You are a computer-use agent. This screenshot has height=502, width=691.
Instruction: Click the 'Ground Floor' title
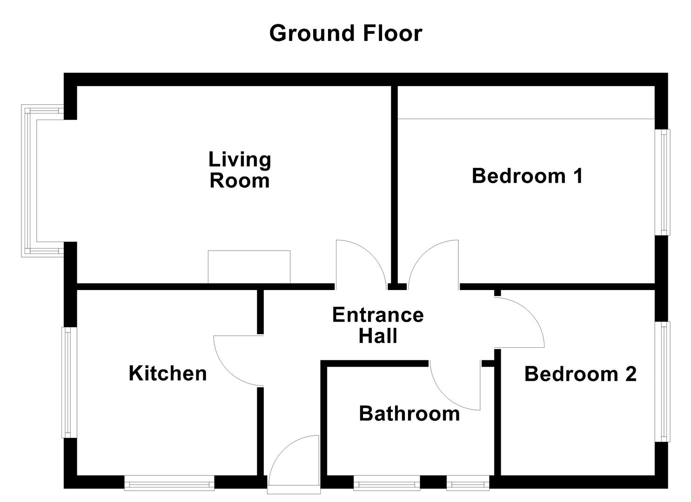345,33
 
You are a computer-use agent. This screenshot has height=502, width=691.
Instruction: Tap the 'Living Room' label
240,170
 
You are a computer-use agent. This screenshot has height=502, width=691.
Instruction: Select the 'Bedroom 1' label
527,176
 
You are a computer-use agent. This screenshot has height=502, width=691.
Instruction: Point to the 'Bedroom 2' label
580,374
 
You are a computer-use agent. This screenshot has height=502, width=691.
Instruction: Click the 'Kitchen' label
168,373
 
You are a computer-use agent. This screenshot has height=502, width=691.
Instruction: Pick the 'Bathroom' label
409,413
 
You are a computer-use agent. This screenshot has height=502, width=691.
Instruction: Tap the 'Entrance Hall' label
378,325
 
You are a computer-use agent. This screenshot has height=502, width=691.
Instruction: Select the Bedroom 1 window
663,182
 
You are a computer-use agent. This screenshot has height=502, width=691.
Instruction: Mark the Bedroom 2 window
663,381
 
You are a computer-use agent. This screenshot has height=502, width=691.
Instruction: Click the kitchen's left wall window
68,382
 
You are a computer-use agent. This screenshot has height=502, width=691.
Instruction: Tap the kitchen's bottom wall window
169,483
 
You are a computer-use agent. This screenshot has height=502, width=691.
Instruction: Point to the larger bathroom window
386,483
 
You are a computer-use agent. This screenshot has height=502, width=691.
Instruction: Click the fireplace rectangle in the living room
249,267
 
